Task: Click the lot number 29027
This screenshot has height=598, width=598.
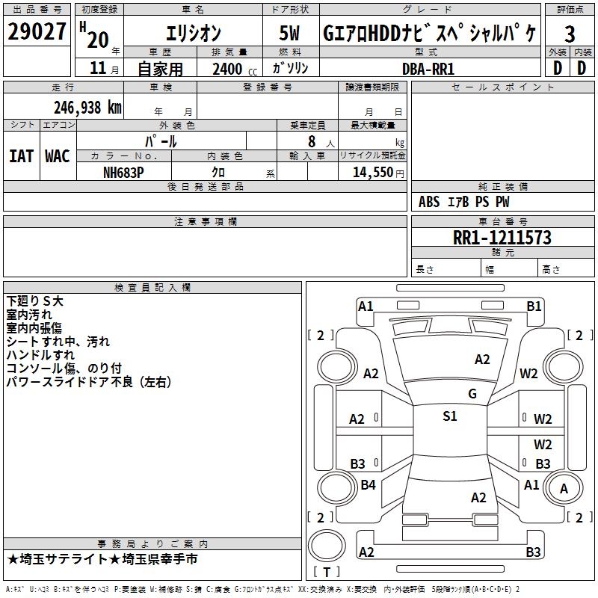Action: (37, 32)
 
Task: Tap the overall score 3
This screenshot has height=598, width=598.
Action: (570, 34)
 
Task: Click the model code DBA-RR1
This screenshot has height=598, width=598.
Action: (428, 68)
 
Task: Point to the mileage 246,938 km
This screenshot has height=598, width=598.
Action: (87, 108)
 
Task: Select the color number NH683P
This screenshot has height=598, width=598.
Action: (124, 172)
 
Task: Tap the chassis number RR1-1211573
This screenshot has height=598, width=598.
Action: (502, 238)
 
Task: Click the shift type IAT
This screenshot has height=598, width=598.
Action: (21, 156)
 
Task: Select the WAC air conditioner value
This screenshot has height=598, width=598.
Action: (58, 156)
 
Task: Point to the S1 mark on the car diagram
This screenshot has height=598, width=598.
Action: (449, 416)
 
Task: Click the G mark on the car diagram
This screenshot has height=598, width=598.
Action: (472, 394)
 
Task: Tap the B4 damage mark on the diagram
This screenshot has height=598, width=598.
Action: (368, 485)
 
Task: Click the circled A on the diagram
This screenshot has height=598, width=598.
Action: (564, 489)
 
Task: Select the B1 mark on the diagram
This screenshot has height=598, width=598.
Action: (534, 306)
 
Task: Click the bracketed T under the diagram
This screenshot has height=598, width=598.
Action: (327, 572)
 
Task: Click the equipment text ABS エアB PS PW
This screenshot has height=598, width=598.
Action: (464, 202)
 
